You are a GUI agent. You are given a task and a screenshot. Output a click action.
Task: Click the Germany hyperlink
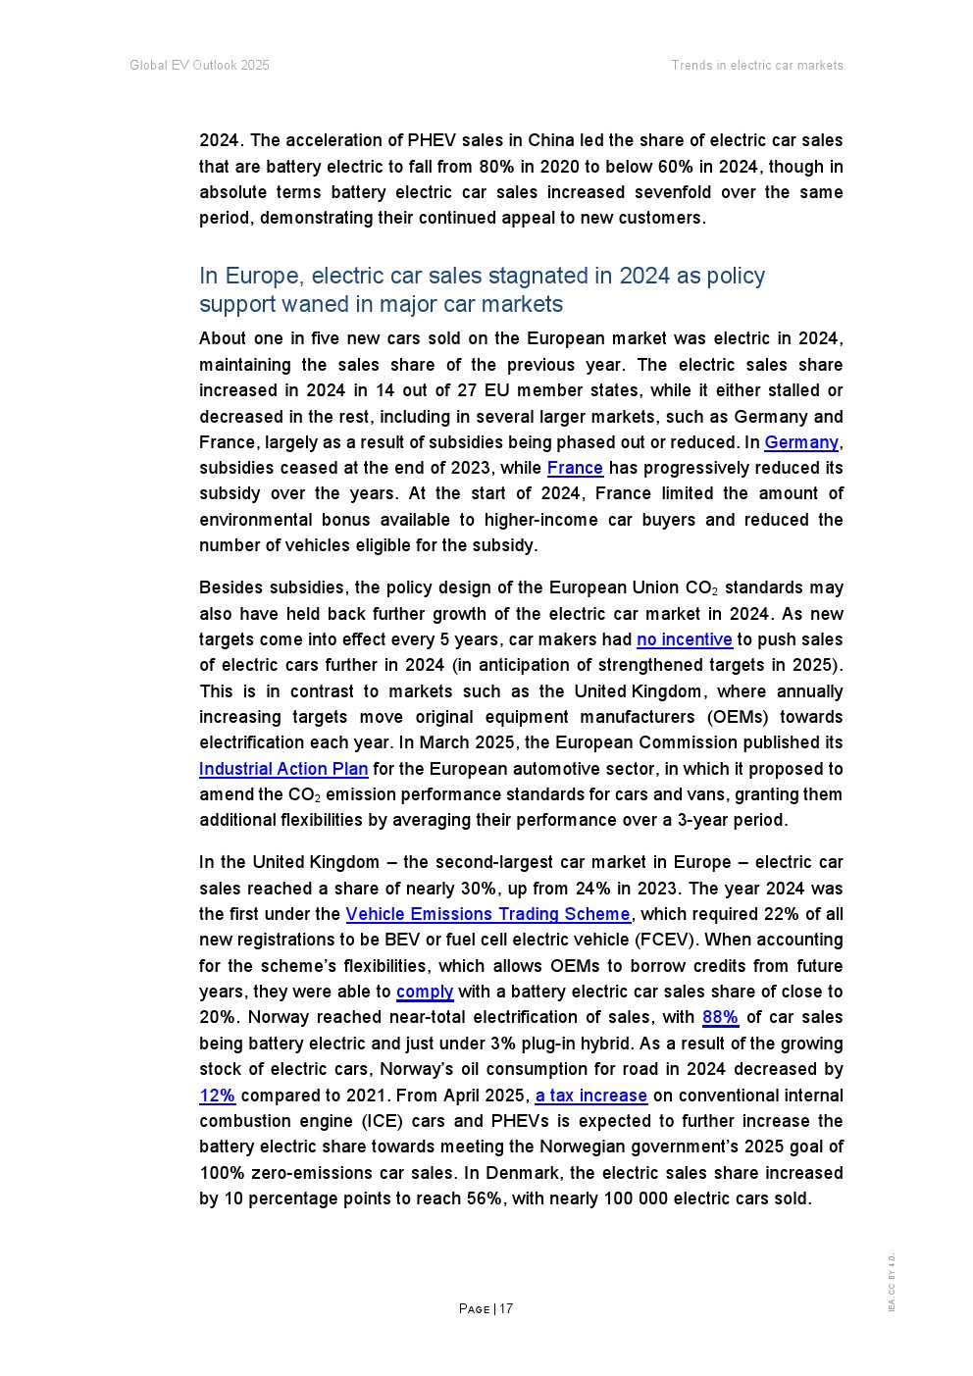[801, 442]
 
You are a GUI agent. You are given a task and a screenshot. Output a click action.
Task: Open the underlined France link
[575, 468]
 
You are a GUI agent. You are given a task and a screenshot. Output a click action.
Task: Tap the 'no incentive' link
[684, 639]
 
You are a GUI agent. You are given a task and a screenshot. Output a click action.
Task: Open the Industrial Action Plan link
[283, 769]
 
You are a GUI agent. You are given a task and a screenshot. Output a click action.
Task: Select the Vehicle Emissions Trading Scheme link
[487, 914]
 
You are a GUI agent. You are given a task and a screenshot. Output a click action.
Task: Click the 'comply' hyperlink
[425, 992]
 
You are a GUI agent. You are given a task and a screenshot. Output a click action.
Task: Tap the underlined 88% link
[720, 1017]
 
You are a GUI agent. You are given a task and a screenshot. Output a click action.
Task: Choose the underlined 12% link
[217, 1096]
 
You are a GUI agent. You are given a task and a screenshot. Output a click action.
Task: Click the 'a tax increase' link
[590, 1096]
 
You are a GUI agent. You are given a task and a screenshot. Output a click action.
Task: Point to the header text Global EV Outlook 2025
[199, 66]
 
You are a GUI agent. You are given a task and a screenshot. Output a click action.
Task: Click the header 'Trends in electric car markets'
[756, 66]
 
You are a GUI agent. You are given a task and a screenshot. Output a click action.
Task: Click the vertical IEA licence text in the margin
[892, 1282]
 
